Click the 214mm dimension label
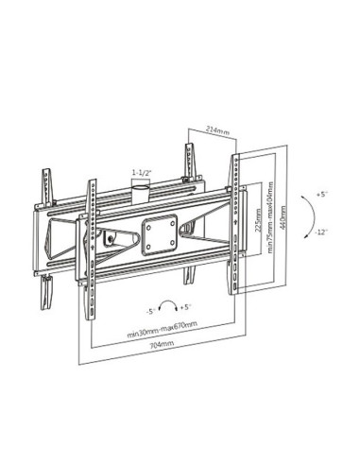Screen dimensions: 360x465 point(217,130)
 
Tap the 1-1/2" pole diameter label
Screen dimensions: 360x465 point(142,172)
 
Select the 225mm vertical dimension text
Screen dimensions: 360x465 point(258,220)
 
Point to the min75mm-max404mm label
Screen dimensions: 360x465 point(270,216)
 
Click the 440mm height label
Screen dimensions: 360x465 point(283,217)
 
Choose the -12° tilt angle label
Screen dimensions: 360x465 point(321,232)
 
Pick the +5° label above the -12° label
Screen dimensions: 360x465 point(322,195)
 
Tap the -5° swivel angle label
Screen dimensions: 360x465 point(151,311)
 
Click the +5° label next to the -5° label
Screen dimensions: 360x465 point(186,307)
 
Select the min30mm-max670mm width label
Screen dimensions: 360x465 point(163,329)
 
